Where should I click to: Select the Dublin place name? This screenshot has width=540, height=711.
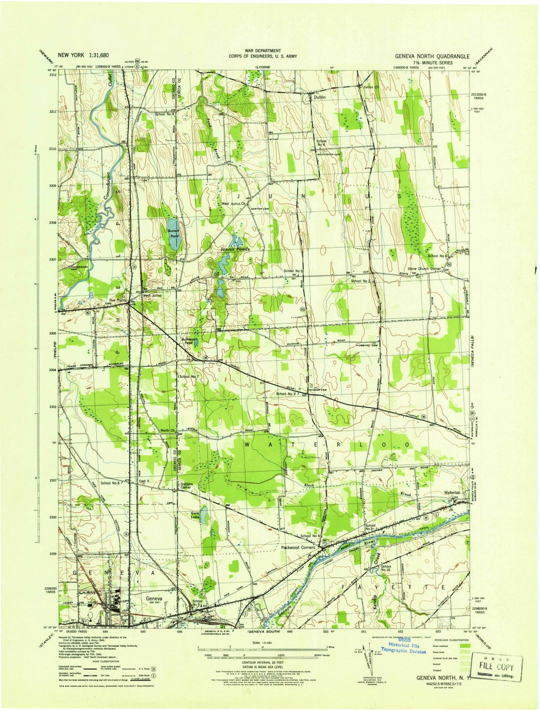320,97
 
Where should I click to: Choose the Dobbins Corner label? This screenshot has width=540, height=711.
187,485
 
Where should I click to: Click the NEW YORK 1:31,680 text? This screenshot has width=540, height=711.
83,55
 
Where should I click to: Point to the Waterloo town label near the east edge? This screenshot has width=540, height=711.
451,493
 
